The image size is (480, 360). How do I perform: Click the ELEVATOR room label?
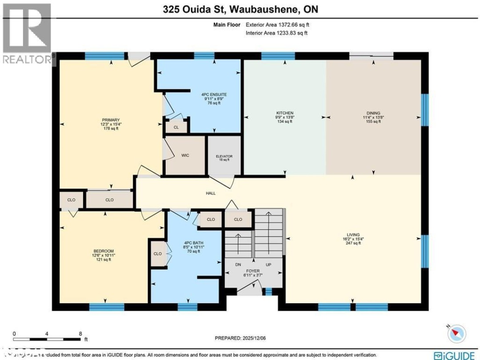tap(224, 156)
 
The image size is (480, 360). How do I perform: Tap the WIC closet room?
tap(185, 156)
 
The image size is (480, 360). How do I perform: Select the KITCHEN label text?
tap(284, 113)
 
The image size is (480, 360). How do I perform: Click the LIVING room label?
tap(354, 235)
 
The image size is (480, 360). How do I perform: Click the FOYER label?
tap(253, 271)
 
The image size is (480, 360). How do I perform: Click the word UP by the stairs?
tap(268, 264)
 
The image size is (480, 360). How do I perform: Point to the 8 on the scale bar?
tap(80, 333)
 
